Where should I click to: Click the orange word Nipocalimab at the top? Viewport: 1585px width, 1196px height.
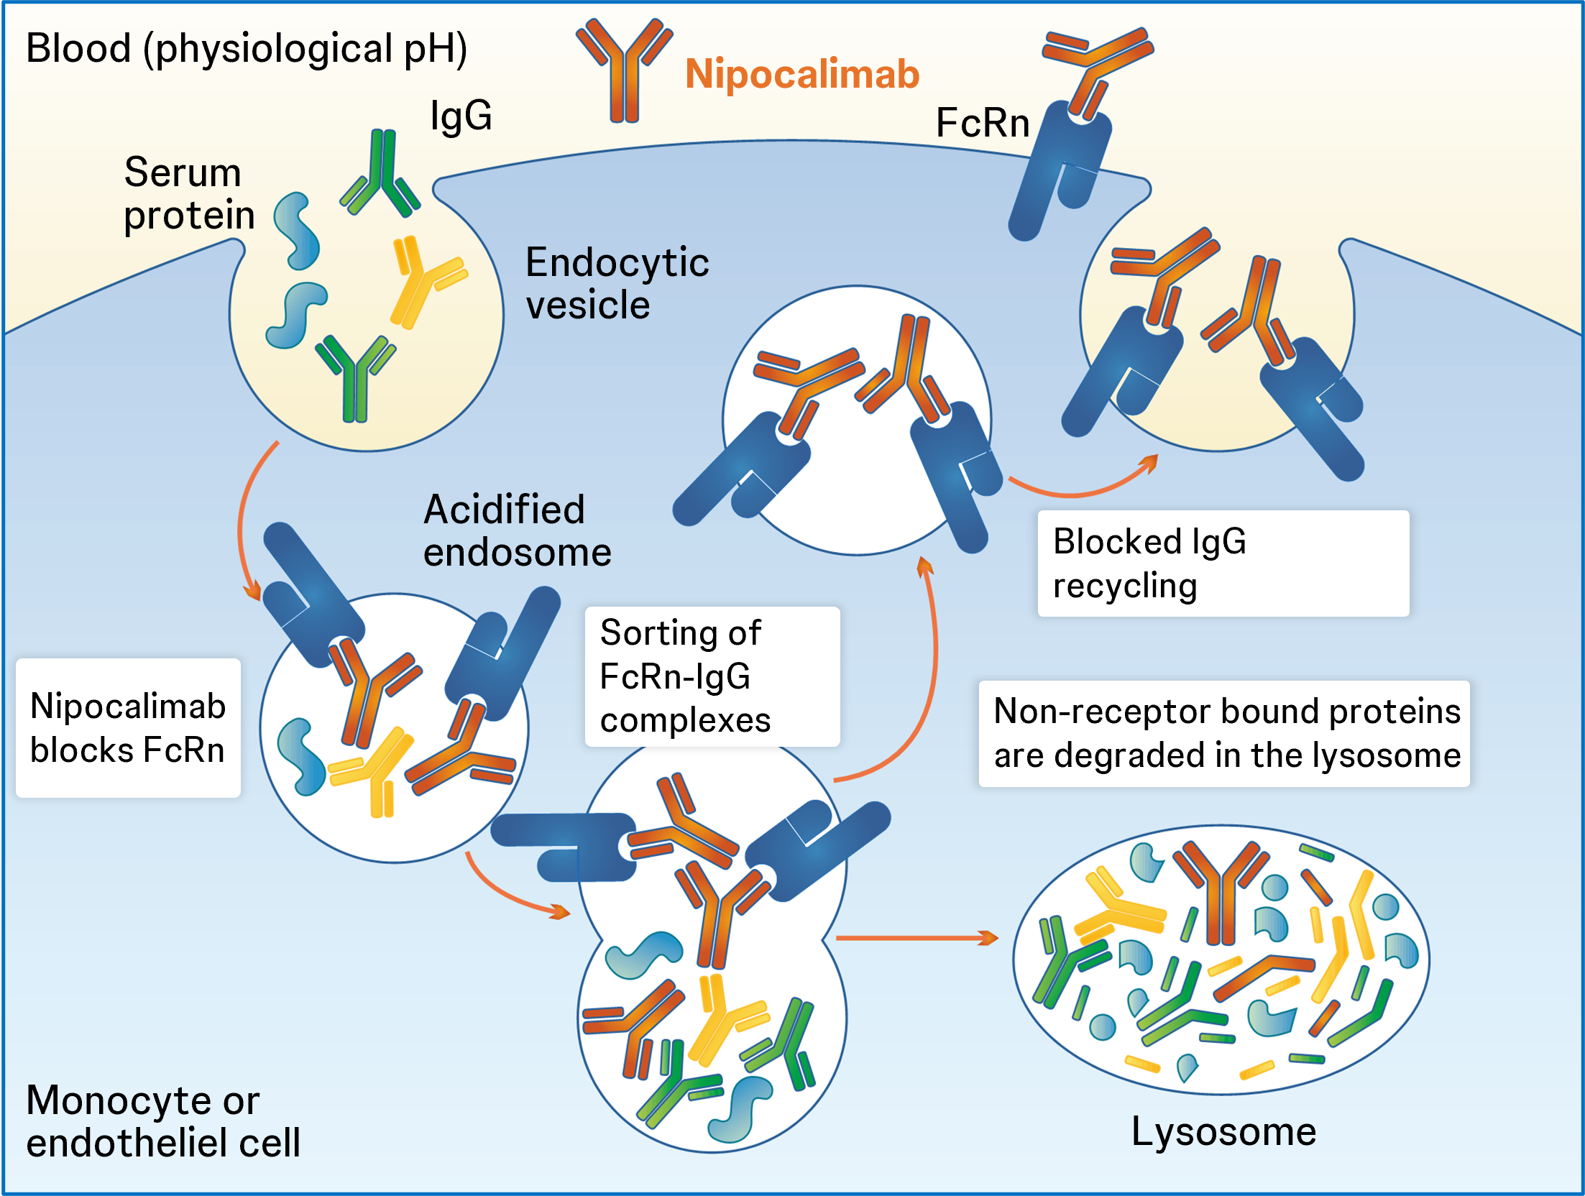(x=801, y=74)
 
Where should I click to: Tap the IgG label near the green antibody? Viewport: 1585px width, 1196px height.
(x=461, y=116)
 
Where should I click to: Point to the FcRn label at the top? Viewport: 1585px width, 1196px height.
(x=982, y=122)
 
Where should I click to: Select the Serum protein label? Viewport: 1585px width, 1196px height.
(x=188, y=193)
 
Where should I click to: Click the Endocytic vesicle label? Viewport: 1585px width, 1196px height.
(x=616, y=283)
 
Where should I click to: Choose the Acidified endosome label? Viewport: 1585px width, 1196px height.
(x=517, y=530)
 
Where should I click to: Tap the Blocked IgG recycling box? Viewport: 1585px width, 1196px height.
(x=1222, y=563)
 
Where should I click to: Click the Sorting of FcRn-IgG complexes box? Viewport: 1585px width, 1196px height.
(x=712, y=676)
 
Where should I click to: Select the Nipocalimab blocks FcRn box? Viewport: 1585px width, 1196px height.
(x=128, y=727)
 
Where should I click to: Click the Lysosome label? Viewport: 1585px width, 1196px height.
(x=1223, y=1131)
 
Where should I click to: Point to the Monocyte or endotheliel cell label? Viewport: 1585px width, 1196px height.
(x=163, y=1121)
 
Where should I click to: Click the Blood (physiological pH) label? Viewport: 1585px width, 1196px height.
(x=246, y=49)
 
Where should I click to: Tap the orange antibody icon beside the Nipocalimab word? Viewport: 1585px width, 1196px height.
(x=624, y=69)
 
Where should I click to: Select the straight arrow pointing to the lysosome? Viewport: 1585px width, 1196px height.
(x=916, y=937)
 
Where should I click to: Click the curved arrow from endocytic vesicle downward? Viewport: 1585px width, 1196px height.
(x=244, y=517)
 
